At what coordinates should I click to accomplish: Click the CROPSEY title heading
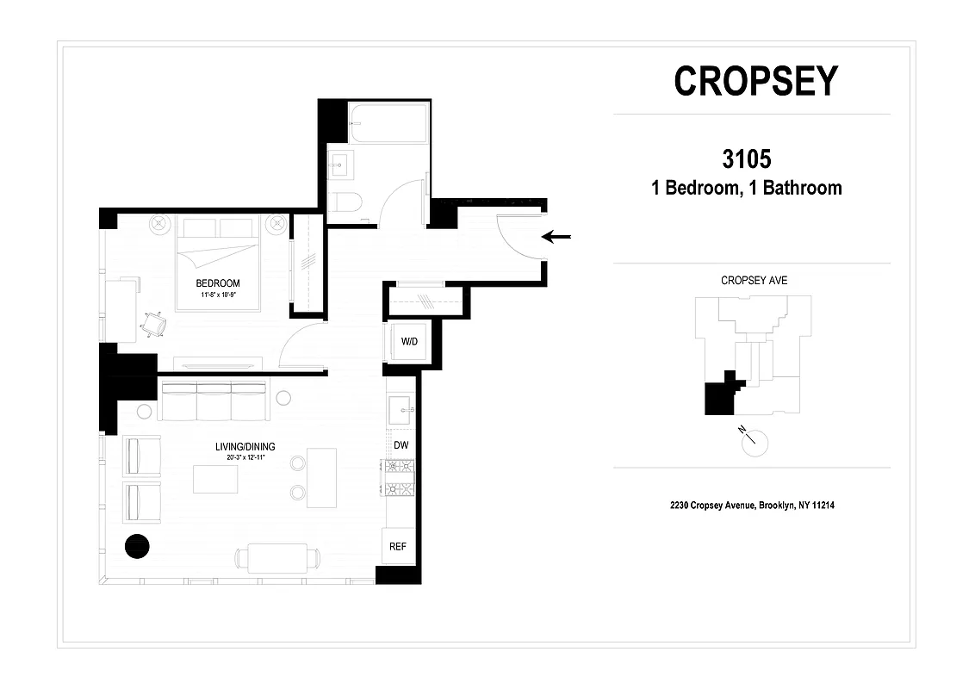[x=755, y=81]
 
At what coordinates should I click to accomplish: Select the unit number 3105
[x=746, y=159]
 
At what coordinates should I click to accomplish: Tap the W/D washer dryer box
[x=409, y=342]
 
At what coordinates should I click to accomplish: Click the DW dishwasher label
[x=401, y=445]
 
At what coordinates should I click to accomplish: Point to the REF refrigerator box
[x=398, y=546]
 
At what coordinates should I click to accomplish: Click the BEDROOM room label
[x=218, y=283]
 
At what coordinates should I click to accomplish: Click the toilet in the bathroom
[x=347, y=203]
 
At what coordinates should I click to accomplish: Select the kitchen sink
[x=400, y=411]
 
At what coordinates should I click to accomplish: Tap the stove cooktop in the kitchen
[x=399, y=478]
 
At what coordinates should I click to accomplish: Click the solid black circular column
[x=137, y=545]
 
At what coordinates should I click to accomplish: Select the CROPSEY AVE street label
[x=754, y=281]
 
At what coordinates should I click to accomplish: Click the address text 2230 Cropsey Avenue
[x=752, y=506]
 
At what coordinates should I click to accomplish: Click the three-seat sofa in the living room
[x=213, y=401]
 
